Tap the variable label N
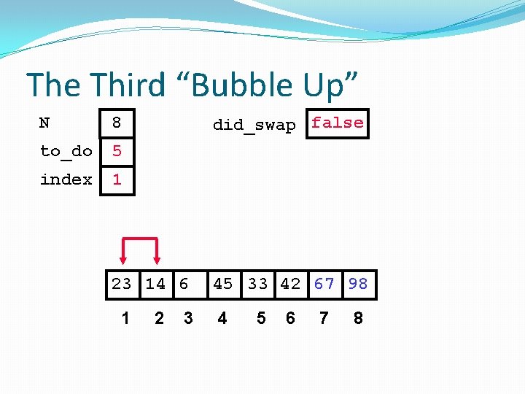pos(44,123)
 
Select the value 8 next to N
pos(117,123)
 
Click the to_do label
pos(66,151)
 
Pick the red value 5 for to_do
pos(117,151)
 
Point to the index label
pos(66,179)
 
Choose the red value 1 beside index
pos(117,179)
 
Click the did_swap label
pos(254,125)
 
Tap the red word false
pos(337,123)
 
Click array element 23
pos(122,284)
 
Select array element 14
pos(155,284)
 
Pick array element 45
pos(223,284)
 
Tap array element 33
pos(257,284)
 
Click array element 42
pos(290,284)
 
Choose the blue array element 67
pos(324,284)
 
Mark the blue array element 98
pos(358,284)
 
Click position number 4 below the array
pos(222,318)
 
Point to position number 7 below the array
pos(324,318)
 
